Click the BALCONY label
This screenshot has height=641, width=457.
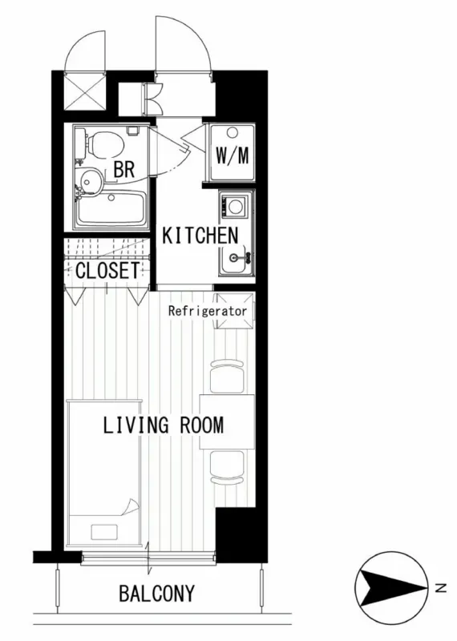pyautogui.click(x=156, y=593)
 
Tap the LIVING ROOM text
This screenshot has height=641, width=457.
pyautogui.click(x=164, y=425)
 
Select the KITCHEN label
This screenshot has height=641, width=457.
pyautogui.click(x=200, y=236)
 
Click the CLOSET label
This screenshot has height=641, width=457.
pyautogui.click(x=107, y=270)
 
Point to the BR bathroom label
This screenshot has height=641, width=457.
pyautogui.click(x=124, y=169)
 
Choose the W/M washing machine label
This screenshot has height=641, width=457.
pyautogui.click(x=232, y=155)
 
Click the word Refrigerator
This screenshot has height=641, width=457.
pyautogui.click(x=208, y=311)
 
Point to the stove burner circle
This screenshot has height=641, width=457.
pyautogui.click(x=235, y=206)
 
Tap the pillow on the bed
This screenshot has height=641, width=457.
pyautogui.click(x=104, y=532)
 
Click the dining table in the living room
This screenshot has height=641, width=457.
pyautogui.click(x=227, y=422)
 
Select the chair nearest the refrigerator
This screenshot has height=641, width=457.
pyautogui.click(x=227, y=377)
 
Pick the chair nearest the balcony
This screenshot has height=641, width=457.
pyautogui.click(x=227, y=467)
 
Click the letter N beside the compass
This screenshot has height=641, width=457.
pyautogui.click(x=440, y=588)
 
